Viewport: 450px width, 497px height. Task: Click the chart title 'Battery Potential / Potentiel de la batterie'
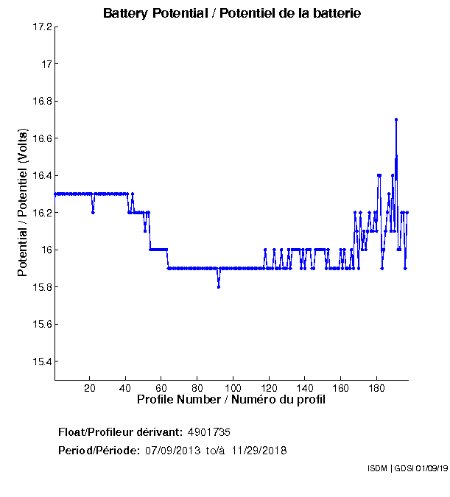pos(231,13)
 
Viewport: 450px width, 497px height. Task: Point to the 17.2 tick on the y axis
pos(42,27)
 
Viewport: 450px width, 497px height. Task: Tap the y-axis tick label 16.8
pos(42,102)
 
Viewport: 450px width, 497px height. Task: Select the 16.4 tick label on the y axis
pos(42,176)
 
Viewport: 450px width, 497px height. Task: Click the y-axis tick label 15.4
pos(42,362)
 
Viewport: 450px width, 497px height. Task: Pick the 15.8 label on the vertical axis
pos(42,287)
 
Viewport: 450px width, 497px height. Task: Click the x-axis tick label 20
pos(90,388)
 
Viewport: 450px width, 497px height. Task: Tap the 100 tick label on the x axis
pos(233,388)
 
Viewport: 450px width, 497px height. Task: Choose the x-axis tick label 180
pos(376,388)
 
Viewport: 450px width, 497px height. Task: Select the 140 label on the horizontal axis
pos(305,388)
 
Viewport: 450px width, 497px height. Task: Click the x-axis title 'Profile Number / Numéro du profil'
pos(231,400)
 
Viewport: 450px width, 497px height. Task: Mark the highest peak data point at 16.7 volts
pos(396,119)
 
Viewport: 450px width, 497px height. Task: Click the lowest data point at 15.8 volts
pos(219,286)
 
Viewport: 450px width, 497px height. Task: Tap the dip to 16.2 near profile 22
pos(93,212)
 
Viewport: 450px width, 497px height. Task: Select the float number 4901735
pos(214,431)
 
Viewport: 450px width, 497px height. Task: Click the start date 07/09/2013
pos(172,450)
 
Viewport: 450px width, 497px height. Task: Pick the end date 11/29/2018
pos(259,450)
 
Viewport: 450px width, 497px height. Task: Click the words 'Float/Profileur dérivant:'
pos(120,431)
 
